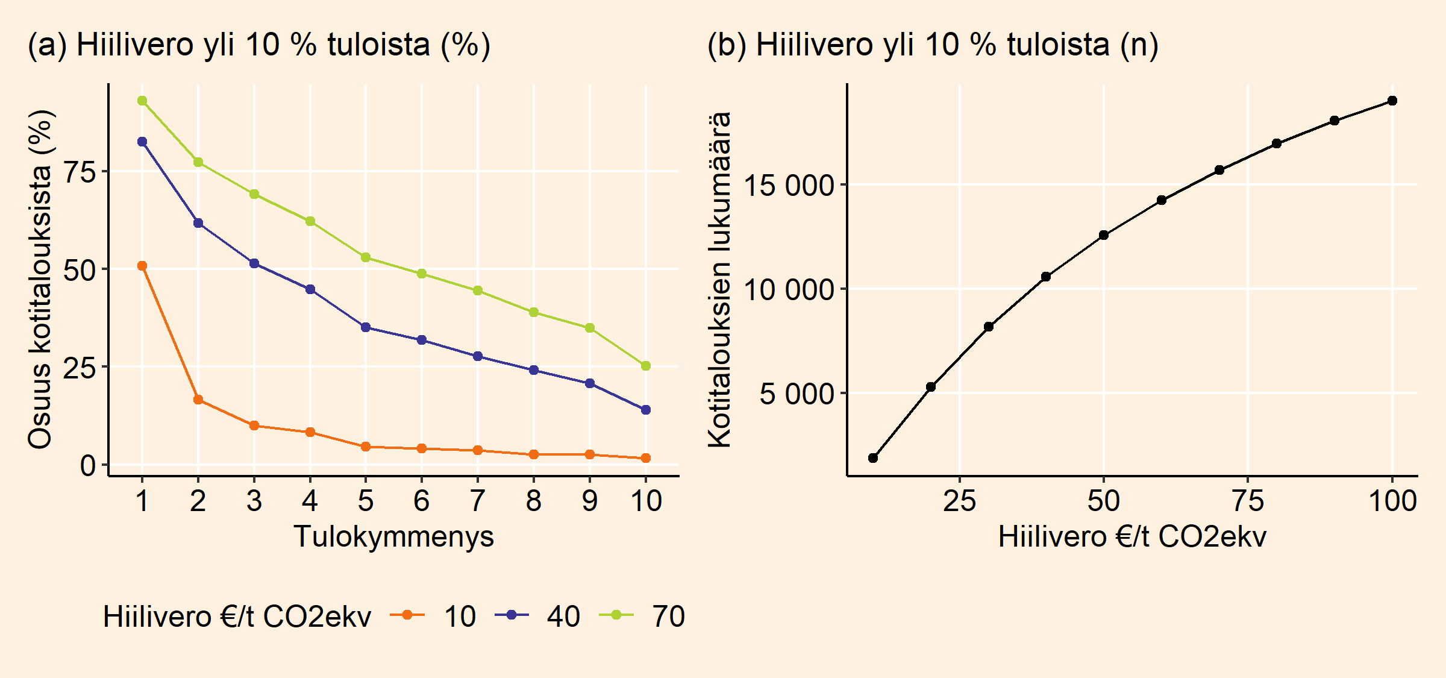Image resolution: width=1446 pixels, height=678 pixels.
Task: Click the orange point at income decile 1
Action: [x=142, y=266]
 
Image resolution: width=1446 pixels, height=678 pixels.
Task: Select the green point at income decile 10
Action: [x=646, y=366]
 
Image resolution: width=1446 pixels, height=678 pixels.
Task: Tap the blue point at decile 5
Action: [x=366, y=327]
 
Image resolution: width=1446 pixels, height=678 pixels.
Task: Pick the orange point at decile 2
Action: [x=198, y=400]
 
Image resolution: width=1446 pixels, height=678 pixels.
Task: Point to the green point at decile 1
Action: [x=142, y=101]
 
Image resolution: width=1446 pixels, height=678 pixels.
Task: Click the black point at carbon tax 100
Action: [x=1392, y=101]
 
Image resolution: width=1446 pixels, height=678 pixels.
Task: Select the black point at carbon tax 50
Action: [x=1104, y=235]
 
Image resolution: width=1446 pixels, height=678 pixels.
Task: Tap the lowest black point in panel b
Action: [x=873, y=458]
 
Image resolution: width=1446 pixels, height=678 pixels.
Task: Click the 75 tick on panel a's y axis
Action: [x=80, y=172]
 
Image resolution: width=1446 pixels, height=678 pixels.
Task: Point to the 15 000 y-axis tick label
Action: [x=789, y=185]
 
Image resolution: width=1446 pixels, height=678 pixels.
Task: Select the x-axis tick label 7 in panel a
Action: [x=478, y=501]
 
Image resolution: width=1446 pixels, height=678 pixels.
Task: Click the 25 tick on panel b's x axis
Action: [x=960, y=501]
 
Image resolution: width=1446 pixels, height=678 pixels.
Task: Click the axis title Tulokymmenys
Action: [x=394, y=536]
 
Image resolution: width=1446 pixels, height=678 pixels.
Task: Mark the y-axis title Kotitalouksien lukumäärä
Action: [x=719, y=280]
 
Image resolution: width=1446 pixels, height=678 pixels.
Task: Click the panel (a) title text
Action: [x=259, y=45]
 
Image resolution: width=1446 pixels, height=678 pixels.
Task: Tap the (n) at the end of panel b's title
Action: [x=1139, y=45]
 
